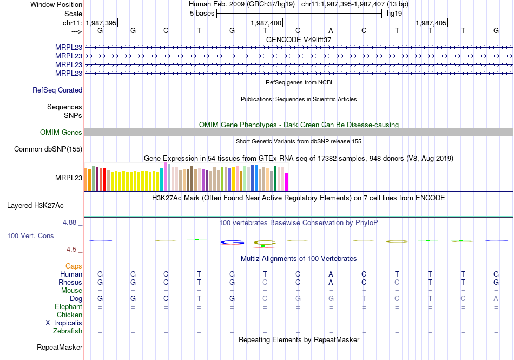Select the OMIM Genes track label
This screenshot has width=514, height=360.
click(61, 133)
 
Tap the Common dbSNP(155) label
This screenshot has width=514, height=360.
click(48, 149)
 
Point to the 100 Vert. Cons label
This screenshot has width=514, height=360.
click(30, 236)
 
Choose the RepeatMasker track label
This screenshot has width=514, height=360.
click(60, 347)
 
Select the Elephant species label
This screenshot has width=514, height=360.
click(68, 307)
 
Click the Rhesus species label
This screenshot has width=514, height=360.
click(71, 283)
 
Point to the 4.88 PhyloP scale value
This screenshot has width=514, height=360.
click(71, 222)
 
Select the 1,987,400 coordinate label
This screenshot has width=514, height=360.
click(266, 23)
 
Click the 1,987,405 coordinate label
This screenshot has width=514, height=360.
click(431, 23)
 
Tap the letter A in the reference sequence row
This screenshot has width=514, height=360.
click(331, 31)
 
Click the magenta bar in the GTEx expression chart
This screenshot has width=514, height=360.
click(287, 181)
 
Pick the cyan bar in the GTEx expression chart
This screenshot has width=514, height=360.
click(162, 179)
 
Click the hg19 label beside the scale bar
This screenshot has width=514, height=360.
click(387, 14)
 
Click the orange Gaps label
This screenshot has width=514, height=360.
click(74, 266)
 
